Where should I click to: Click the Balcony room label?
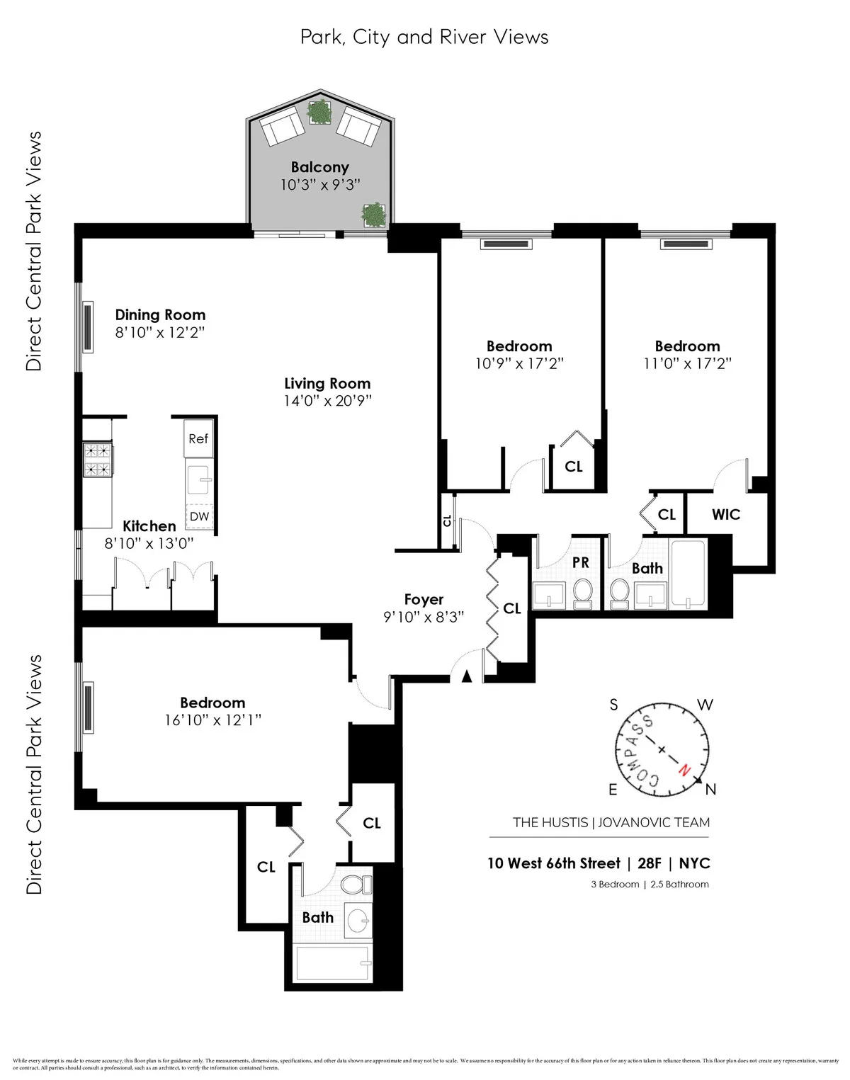coord(320,167)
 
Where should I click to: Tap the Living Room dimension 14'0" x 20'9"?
coord(327,400)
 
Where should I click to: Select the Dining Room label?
coord(160,314)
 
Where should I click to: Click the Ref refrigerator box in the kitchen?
coord(198,438)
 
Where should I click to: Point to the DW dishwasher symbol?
coord(199,516)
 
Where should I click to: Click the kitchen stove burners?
coord(98,459)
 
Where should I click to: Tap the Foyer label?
coord(424,599)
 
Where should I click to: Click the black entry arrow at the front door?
coord(466,676)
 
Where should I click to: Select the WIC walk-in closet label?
coord(726,515)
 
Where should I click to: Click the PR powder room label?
coord(580,562)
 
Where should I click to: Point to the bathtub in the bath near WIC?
coord(687,574)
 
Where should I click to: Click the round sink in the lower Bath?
coord(359,920)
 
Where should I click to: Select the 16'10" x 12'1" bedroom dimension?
coord(212,720)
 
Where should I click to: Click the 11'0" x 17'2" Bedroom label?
coord(687,346)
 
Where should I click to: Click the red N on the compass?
coord(684,770)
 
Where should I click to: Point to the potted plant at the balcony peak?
coord(320,111)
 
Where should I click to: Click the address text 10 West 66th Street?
coord(553,863)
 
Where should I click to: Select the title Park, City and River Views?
coord(424,37)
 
